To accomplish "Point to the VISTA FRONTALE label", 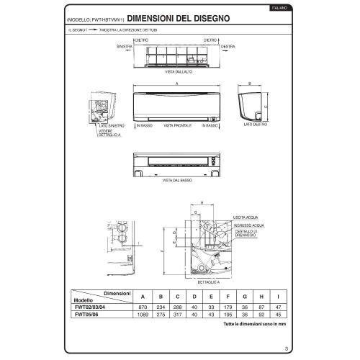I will [178, 125].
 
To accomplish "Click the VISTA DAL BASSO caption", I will [176, 179].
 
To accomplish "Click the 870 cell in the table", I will [143, 308].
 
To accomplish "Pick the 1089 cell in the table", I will [143, 315].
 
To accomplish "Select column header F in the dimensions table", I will [228, 297].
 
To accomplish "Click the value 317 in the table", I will [177, 315].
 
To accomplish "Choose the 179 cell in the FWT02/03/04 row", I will [228, 308].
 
